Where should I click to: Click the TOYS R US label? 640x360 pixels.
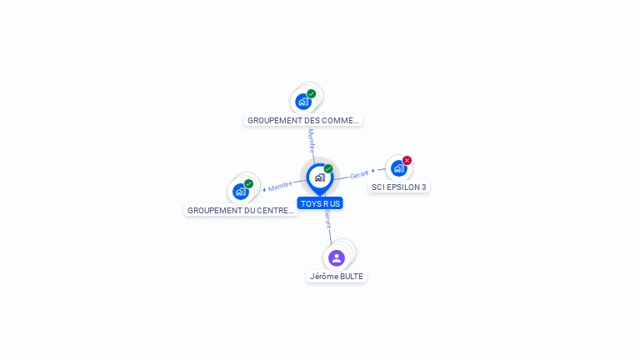tap(320, 203)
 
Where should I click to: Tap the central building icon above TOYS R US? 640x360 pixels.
tap(319, 177)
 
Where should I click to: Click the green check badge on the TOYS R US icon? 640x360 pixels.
tap(328, 169)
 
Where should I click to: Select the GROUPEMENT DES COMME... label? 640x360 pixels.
tap(303, 120)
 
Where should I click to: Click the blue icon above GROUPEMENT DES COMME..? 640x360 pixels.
tap(303, 102)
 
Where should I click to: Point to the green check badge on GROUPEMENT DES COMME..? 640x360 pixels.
tap(312, 93)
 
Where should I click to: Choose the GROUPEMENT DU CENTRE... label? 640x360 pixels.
tap(241, 210)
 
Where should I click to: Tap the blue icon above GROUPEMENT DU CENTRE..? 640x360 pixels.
tap(241, 192)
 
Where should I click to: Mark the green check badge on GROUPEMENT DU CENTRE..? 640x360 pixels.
tap(248, 183)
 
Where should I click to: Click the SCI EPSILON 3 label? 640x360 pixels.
tap(399, 187)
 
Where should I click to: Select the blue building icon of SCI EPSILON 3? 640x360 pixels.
tap(399, 168)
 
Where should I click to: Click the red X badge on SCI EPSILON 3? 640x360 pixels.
tap(407, 160)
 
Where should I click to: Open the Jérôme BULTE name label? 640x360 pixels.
tap(337, 276)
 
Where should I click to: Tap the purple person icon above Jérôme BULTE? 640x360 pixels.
tap(337, 257)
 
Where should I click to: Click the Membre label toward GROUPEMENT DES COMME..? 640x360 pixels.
tap(312, 141)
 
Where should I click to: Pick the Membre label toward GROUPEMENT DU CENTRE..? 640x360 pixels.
tap(281, 186)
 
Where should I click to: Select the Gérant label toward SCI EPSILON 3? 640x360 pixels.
tap(359, 174)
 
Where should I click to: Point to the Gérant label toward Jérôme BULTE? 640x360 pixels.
tap(328, 219)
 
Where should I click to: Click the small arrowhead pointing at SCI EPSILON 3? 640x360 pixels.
tap(373, 171)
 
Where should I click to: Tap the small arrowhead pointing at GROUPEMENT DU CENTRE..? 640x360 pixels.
tap(264, 189)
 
